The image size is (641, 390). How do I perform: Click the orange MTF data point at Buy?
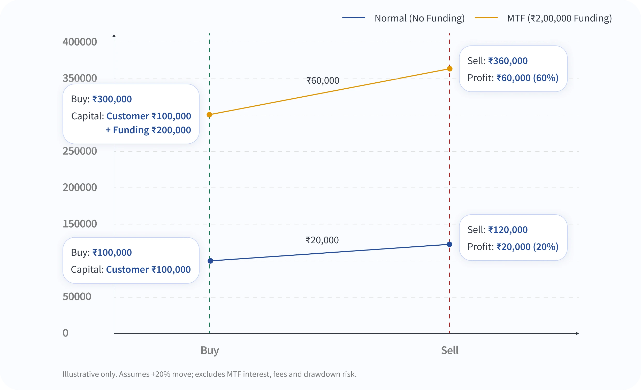click(209, 115)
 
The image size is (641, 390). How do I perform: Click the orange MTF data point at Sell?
click(449, 69)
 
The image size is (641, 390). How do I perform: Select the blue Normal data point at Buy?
click(210, 261)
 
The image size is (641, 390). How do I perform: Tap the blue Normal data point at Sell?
click(449, 244)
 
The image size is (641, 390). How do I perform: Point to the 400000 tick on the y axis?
click(80, 42)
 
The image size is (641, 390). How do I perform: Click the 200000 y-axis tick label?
click(80, 188)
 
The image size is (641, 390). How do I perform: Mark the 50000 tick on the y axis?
click(77, 297)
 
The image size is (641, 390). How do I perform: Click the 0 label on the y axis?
click(66, 333)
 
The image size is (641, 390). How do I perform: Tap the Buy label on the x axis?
click(210, 350)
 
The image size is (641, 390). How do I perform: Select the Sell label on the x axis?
click(449, 350)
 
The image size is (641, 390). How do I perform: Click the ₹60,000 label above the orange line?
click(323, 81)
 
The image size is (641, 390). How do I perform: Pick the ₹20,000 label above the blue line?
click(322, 240)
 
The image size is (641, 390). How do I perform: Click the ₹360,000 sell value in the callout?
click(508, 61)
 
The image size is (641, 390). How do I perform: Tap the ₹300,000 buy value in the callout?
click(112, 99)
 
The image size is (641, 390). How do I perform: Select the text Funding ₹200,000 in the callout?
click(152, 130)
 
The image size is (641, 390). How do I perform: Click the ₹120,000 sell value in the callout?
click(508, 230)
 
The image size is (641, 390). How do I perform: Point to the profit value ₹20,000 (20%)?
click(527, 247)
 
